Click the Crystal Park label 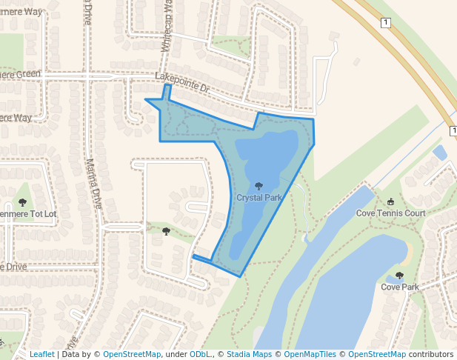click(x=259, y=199)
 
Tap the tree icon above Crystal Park click(x=258, y=187)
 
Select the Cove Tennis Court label click(x=390, y=213)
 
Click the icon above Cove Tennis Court click(x=390, y=201)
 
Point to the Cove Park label click(x=400, y=287)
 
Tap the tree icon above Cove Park click(x=400, y=276)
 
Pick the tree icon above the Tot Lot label click(x=22, y=202)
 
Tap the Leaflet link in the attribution click(x=41, y=354)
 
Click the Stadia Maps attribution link click(x=249, y=354)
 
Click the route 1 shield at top click(x=385, y=24)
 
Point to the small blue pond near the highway click(x=439, y=153)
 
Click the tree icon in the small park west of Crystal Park click(x=166, y=232)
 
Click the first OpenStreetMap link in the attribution click(x=132, y=354)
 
